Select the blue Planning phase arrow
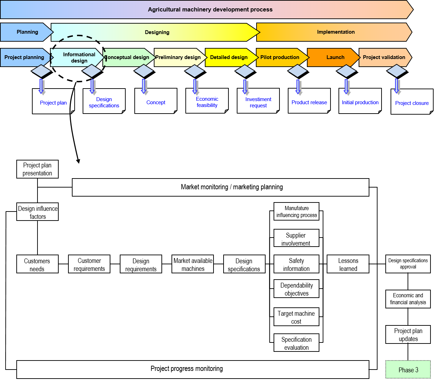point(27,32)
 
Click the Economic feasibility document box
point(207,102)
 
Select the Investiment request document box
point(258,102)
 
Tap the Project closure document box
point(412,103)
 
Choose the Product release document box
point(309,102)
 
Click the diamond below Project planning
point(41,71)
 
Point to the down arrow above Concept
point(144,86)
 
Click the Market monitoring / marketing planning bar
point(220,187)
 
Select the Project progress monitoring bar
point(193,369)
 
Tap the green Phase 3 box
point(408,370)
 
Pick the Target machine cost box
point(296,317)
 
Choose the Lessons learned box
point(348,264)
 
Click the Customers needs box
point(37,264)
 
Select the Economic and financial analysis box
point(408,299)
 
